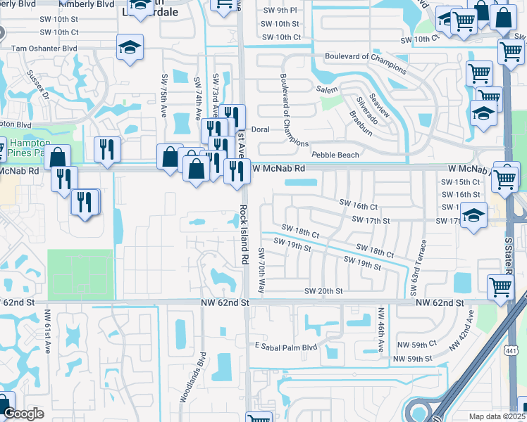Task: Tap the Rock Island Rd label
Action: click(x=244, y=234)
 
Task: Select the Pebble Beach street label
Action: click(x=335, y=155)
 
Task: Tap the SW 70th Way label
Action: click(x=261, y=271)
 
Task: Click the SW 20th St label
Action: click(x=323, y=291)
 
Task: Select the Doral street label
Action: click(x=261, y=129)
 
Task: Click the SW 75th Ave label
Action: click(x=164, y=94)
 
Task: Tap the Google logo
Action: click(x=23, y=414)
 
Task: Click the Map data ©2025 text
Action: click(x=497, y=416)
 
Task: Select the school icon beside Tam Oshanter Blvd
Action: click(x=130, y=47)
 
